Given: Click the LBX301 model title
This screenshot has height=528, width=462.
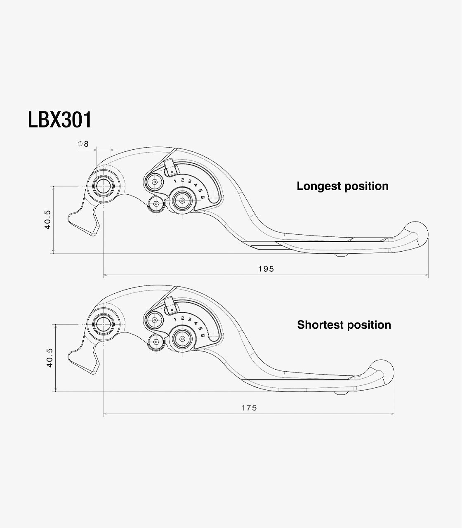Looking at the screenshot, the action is [x=60, y=120].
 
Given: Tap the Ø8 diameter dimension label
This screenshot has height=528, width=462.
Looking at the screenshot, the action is [x=83, y=144].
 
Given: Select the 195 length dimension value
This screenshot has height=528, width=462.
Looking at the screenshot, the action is [x=266, y=269].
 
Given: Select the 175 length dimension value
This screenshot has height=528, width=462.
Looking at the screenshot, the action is [x=249, y=408].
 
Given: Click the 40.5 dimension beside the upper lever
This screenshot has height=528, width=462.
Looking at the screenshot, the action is [x=48, y=219].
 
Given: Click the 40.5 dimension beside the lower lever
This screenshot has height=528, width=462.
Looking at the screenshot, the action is [x=49, y=358].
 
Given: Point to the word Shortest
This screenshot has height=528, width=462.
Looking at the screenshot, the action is [x=321, y=325].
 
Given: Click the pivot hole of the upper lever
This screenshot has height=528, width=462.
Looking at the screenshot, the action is [x=104, y=186].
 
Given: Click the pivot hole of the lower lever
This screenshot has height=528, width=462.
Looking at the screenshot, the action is [x=103, y=324].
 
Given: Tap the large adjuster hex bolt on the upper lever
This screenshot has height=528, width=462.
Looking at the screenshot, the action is [x=182, y=200].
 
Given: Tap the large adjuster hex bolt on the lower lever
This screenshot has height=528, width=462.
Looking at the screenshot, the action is [x=182, y=339].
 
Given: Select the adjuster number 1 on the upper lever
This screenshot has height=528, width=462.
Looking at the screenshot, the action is [x=175, y=181].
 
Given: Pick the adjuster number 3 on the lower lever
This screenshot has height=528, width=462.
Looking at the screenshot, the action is [x=190, y=320].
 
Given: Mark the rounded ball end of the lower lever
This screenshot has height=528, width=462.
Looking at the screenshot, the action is [x=382, y=372].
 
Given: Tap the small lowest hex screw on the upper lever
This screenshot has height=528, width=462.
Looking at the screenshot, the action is [x=156, y=204].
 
